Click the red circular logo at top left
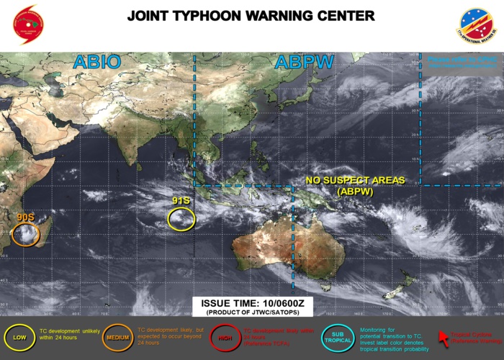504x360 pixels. [28, 24]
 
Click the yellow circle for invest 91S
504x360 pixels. [181, 218]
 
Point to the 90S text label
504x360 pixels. [25, 216]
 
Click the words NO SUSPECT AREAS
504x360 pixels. [355, 180]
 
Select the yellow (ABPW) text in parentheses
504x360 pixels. [355, 192]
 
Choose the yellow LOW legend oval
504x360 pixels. [19, 337]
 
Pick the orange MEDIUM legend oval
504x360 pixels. [117, 337]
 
